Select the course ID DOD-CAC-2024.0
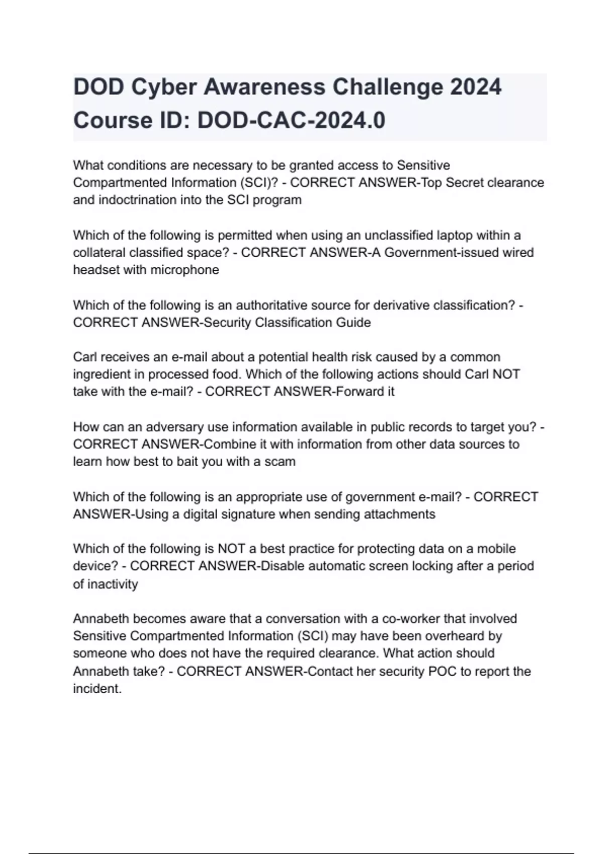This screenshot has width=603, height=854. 291,121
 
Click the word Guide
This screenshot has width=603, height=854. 355,323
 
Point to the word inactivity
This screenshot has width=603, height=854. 113,584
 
